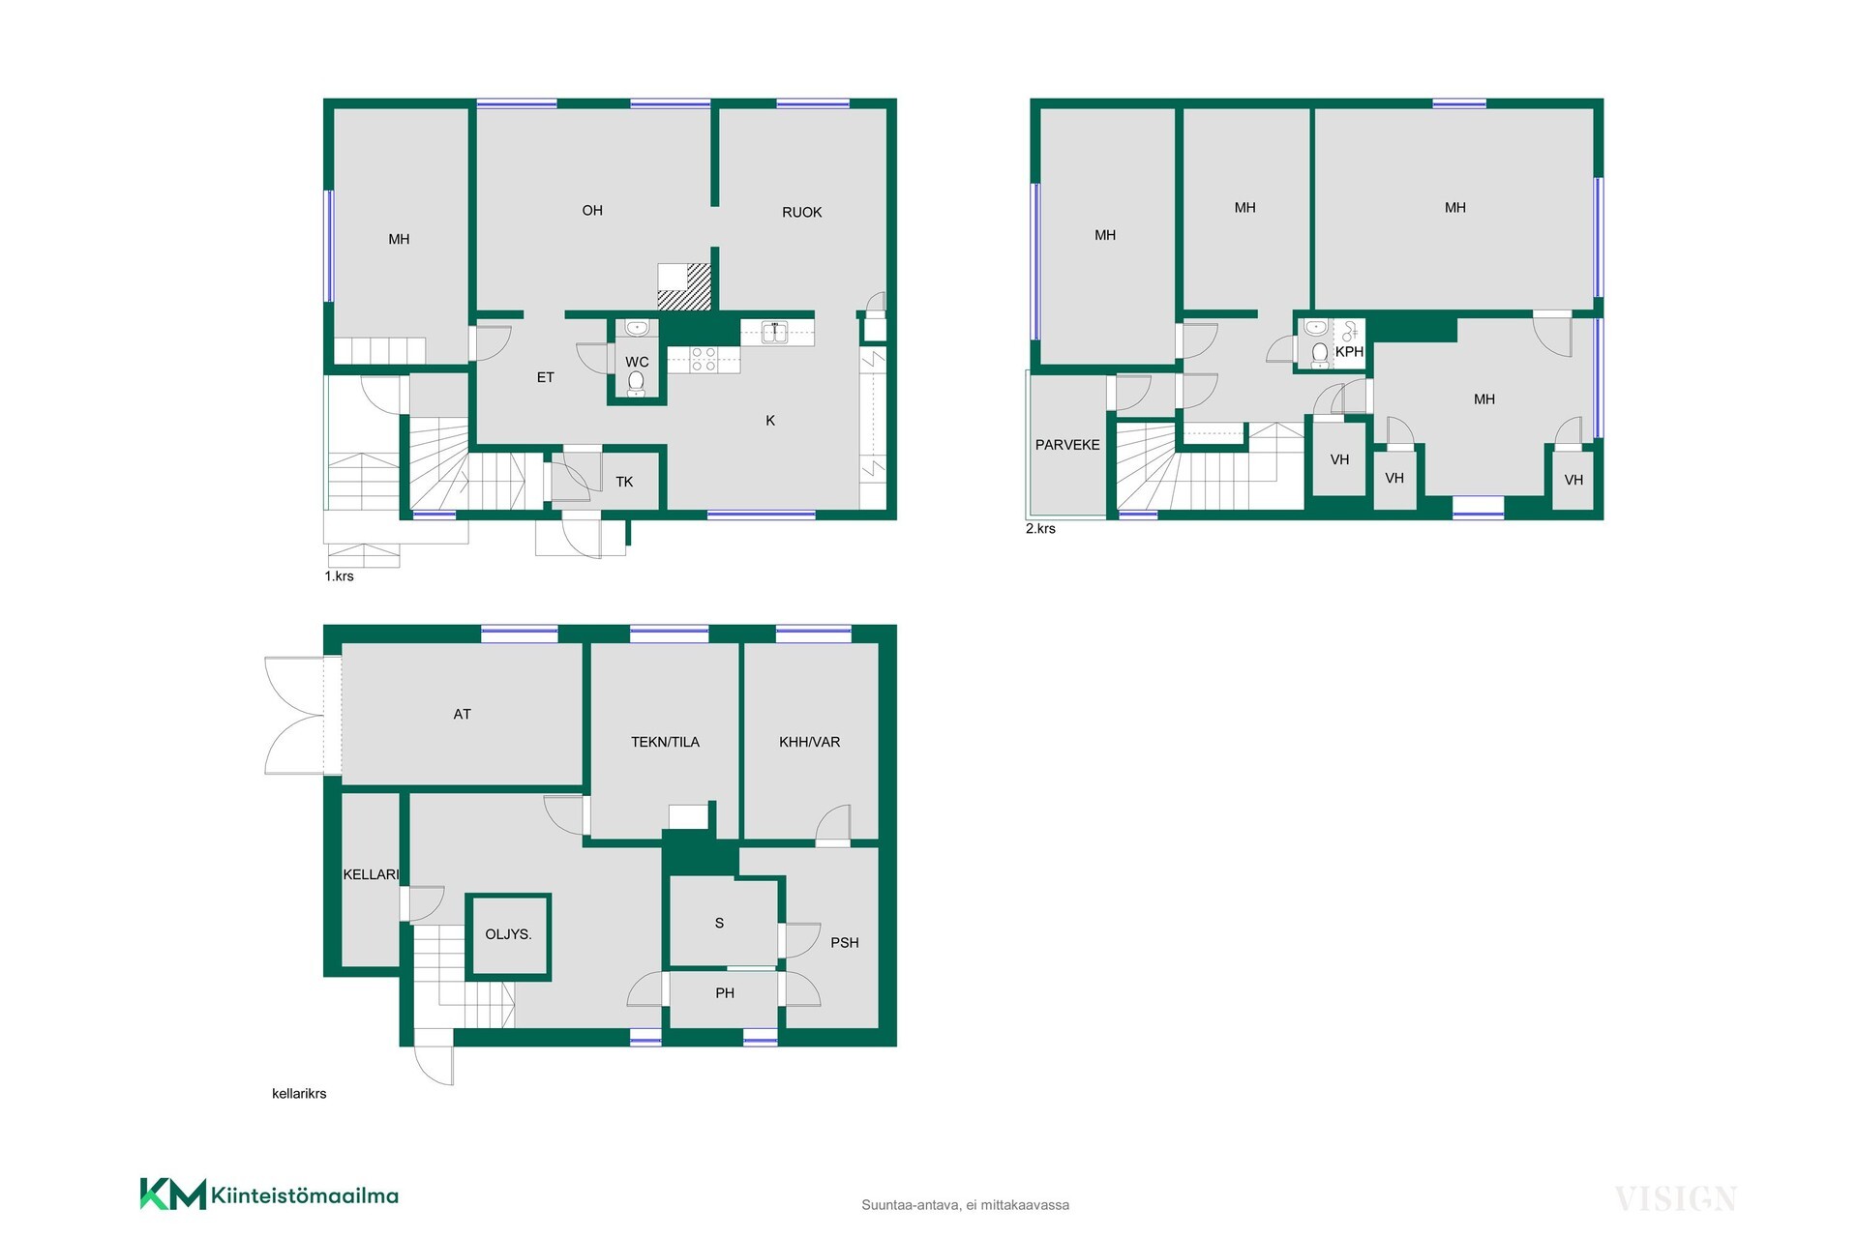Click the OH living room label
pyautogui.click(x=592, y=210)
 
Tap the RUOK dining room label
pyautogui.click(x=802, y=212)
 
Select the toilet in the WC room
pyautogui.click(x=636, y=384)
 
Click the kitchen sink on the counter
pyautogui.click(x=774, y=333)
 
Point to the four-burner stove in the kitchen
pyautogui.click(x=704, y=360)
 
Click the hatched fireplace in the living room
pyautogui.click(x=684, y=287)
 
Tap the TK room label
pyautogui.click(x=624, y=482)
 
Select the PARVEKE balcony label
pyautogui.click(x=1067, y=445)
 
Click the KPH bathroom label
pyautogui.click(x=1349, y=352)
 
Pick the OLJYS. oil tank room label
pyautogui.click(x=508, y=934)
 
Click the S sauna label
pyautogui.click(x=719, y=923)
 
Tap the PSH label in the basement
pyautogui.click(x=845, y=942)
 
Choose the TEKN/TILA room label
pyautogui.click(x=665, y=742)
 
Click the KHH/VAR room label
pyautogui.click(x=810, y=742)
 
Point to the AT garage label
pyautogui.click(x=463, y=714)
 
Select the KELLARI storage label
pyautogui.click(x=371, y=874)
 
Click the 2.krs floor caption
pyautogui.click(x=1040, y=529)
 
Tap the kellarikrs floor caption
pyautogui.click(x=299, y=1094)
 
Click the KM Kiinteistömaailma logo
pyautogui.click(x=269, y=1194)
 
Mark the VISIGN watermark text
pyautogui.click(x=1675, y=1199)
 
